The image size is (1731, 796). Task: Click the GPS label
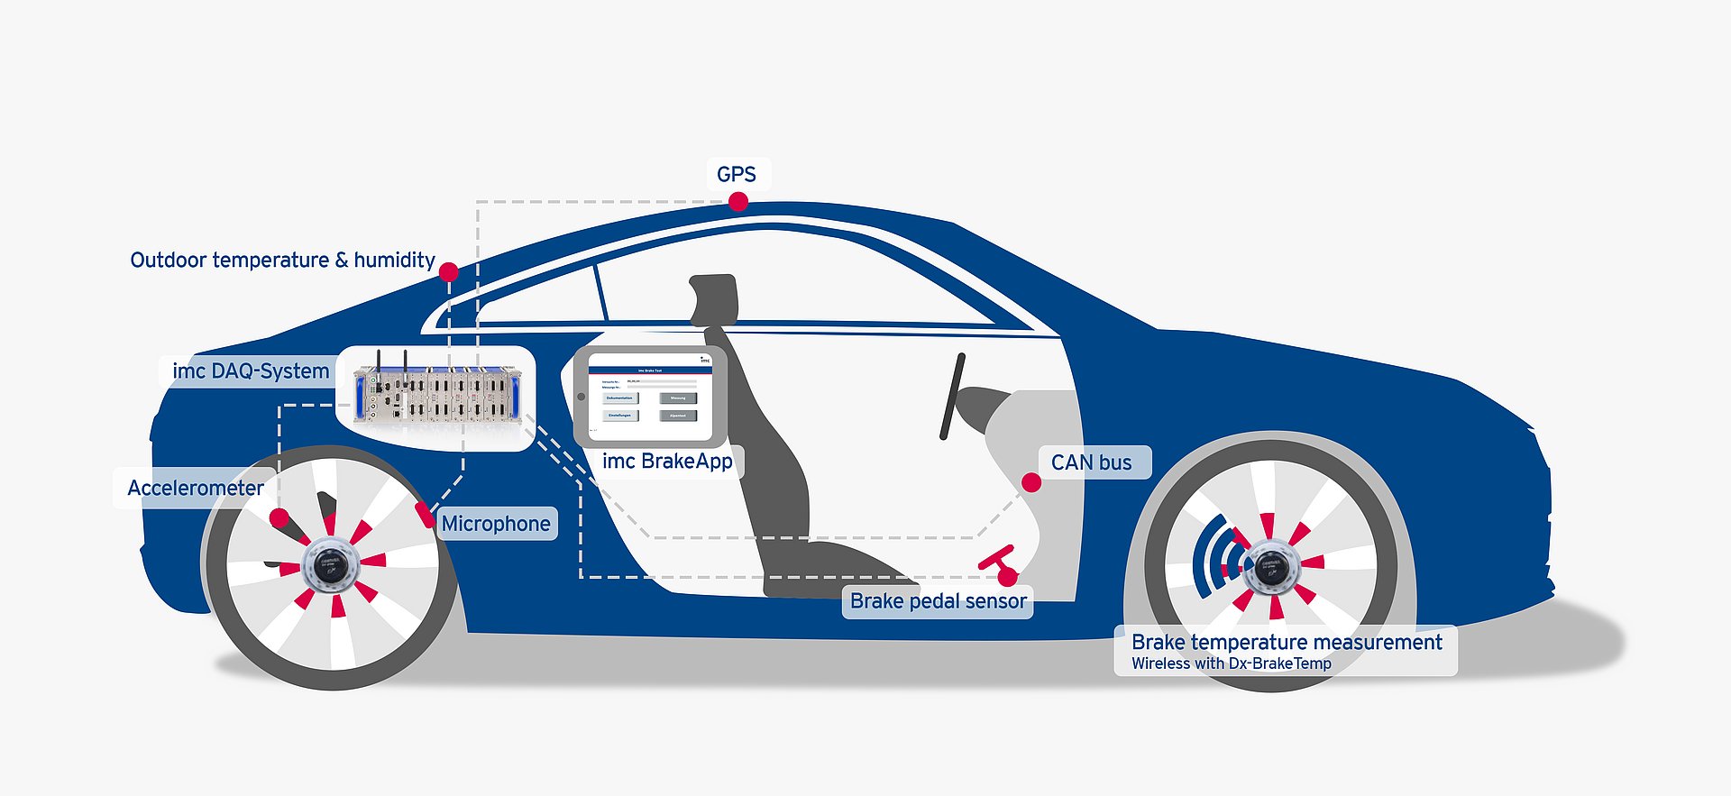pyautogui.click(x=736, y=174)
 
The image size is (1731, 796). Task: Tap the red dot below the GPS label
pyautogui.click(x=738, y=202)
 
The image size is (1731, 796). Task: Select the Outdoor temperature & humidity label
pyautogui.click(x=282, y=261)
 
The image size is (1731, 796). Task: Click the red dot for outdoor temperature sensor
pyautogui.click(x=449, y=271)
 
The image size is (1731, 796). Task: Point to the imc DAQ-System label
pyautogui.click(x=250, y=371)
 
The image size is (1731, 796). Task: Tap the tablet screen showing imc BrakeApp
pyautogui.click(x=649, y=398)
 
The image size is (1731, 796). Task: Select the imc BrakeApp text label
pyautogui.click(x=667, y=462)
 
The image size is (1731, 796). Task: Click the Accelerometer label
pyautogui.click(x=195, y=489)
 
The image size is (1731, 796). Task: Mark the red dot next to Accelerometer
pyautogui.click(x=279, y=517)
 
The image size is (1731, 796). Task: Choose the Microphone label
pyautogui.click(x=496, y=524)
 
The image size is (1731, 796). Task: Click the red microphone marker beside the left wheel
pyautogui.click(x=424, y=514)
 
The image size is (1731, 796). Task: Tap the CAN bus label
pyautogui.click(x=1091, y=462)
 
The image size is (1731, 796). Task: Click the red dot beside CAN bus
pyautogui.click(x=1031, y=483)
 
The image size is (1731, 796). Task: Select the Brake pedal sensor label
pyautogui.click(x=938, y=601)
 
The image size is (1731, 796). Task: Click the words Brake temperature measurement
pyautogui.click(x=1287, y=642)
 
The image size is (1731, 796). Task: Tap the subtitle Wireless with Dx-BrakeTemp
pyautogui.click(x=1231, y=663)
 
